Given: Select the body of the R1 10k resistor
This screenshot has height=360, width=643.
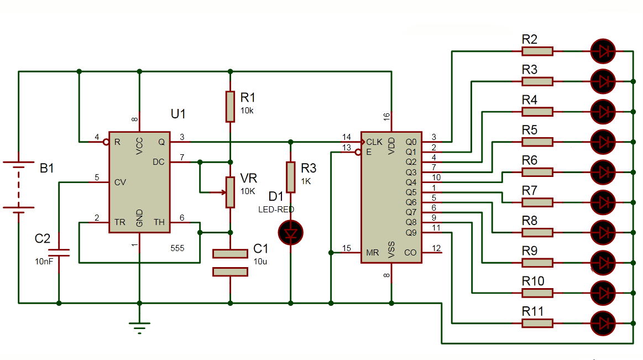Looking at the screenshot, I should (230, 106).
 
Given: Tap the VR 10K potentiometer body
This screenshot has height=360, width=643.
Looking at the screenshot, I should (230, 192).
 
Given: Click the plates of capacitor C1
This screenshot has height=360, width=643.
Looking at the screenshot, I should (230, 262).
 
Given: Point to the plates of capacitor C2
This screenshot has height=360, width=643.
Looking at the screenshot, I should (59, 253).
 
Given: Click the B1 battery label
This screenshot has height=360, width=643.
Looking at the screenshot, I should (47, 168).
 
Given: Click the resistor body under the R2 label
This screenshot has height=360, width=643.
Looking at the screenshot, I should (537, 51).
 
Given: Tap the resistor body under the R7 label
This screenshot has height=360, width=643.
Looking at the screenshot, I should (537, 202).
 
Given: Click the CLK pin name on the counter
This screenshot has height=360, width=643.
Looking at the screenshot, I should (374, 142).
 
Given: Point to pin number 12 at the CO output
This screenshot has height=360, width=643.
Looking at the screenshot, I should (436, 248).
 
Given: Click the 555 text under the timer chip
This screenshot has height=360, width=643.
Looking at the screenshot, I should (177, 249).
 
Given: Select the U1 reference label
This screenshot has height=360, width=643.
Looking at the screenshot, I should (178, 114).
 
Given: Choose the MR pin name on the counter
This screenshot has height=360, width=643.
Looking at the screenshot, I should (373, 253).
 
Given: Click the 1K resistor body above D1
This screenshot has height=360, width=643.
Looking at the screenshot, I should (290, 177).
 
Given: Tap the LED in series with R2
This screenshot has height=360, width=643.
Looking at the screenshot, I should (603, 51).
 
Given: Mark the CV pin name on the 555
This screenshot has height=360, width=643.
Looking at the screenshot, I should (119, 182).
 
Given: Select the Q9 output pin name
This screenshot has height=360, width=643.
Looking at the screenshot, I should (411, 232).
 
